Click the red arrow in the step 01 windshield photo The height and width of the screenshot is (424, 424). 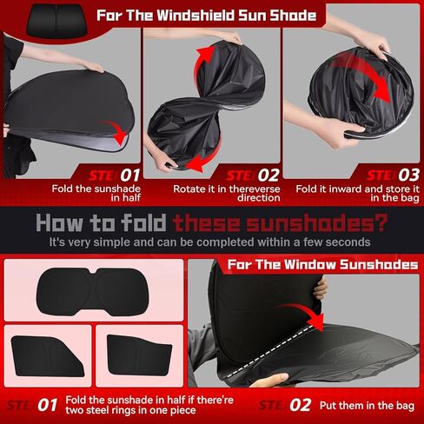click(112, 132)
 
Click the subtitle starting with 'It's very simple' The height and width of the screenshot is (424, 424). click(211, 242)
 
